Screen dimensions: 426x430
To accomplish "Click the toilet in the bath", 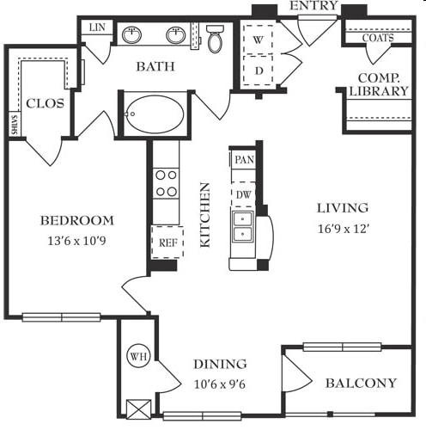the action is click(x=215, y=39).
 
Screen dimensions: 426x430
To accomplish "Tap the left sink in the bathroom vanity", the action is click(x=131, y=35).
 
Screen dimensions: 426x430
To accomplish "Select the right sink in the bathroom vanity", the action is click(x=175, y=35).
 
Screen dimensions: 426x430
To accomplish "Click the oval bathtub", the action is click(x=155, y=114).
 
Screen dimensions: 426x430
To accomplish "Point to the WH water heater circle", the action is click(x=138, y=357).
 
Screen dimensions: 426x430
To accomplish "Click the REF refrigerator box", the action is click(x=167, y=243).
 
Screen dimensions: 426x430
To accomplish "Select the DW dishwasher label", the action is click(x=244, y=195).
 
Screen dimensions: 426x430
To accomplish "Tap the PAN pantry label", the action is click(x=244, y=160).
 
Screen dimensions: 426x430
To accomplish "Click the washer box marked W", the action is click(x=258, y=40).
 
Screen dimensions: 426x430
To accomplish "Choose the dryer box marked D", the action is click(x=258, y=71).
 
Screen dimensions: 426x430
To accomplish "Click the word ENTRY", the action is click(x=313, y=5).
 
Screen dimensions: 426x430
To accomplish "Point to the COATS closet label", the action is click(x=378, y=38).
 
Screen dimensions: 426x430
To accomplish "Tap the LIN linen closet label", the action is click(x=97, y=28).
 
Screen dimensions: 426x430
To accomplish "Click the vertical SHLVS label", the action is click(x=15, y=125).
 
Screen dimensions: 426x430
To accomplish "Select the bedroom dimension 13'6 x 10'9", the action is click(x=76, y=241).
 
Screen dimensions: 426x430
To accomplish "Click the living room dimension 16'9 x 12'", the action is click(x=343, y=229).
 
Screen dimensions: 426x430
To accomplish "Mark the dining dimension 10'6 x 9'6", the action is click(x=220, y=384).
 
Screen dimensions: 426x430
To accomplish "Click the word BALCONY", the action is click(x=362, y=384).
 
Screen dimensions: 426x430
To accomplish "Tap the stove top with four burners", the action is click(x=166, y=183).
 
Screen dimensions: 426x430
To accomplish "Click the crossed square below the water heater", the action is click(x=138, y=409).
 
